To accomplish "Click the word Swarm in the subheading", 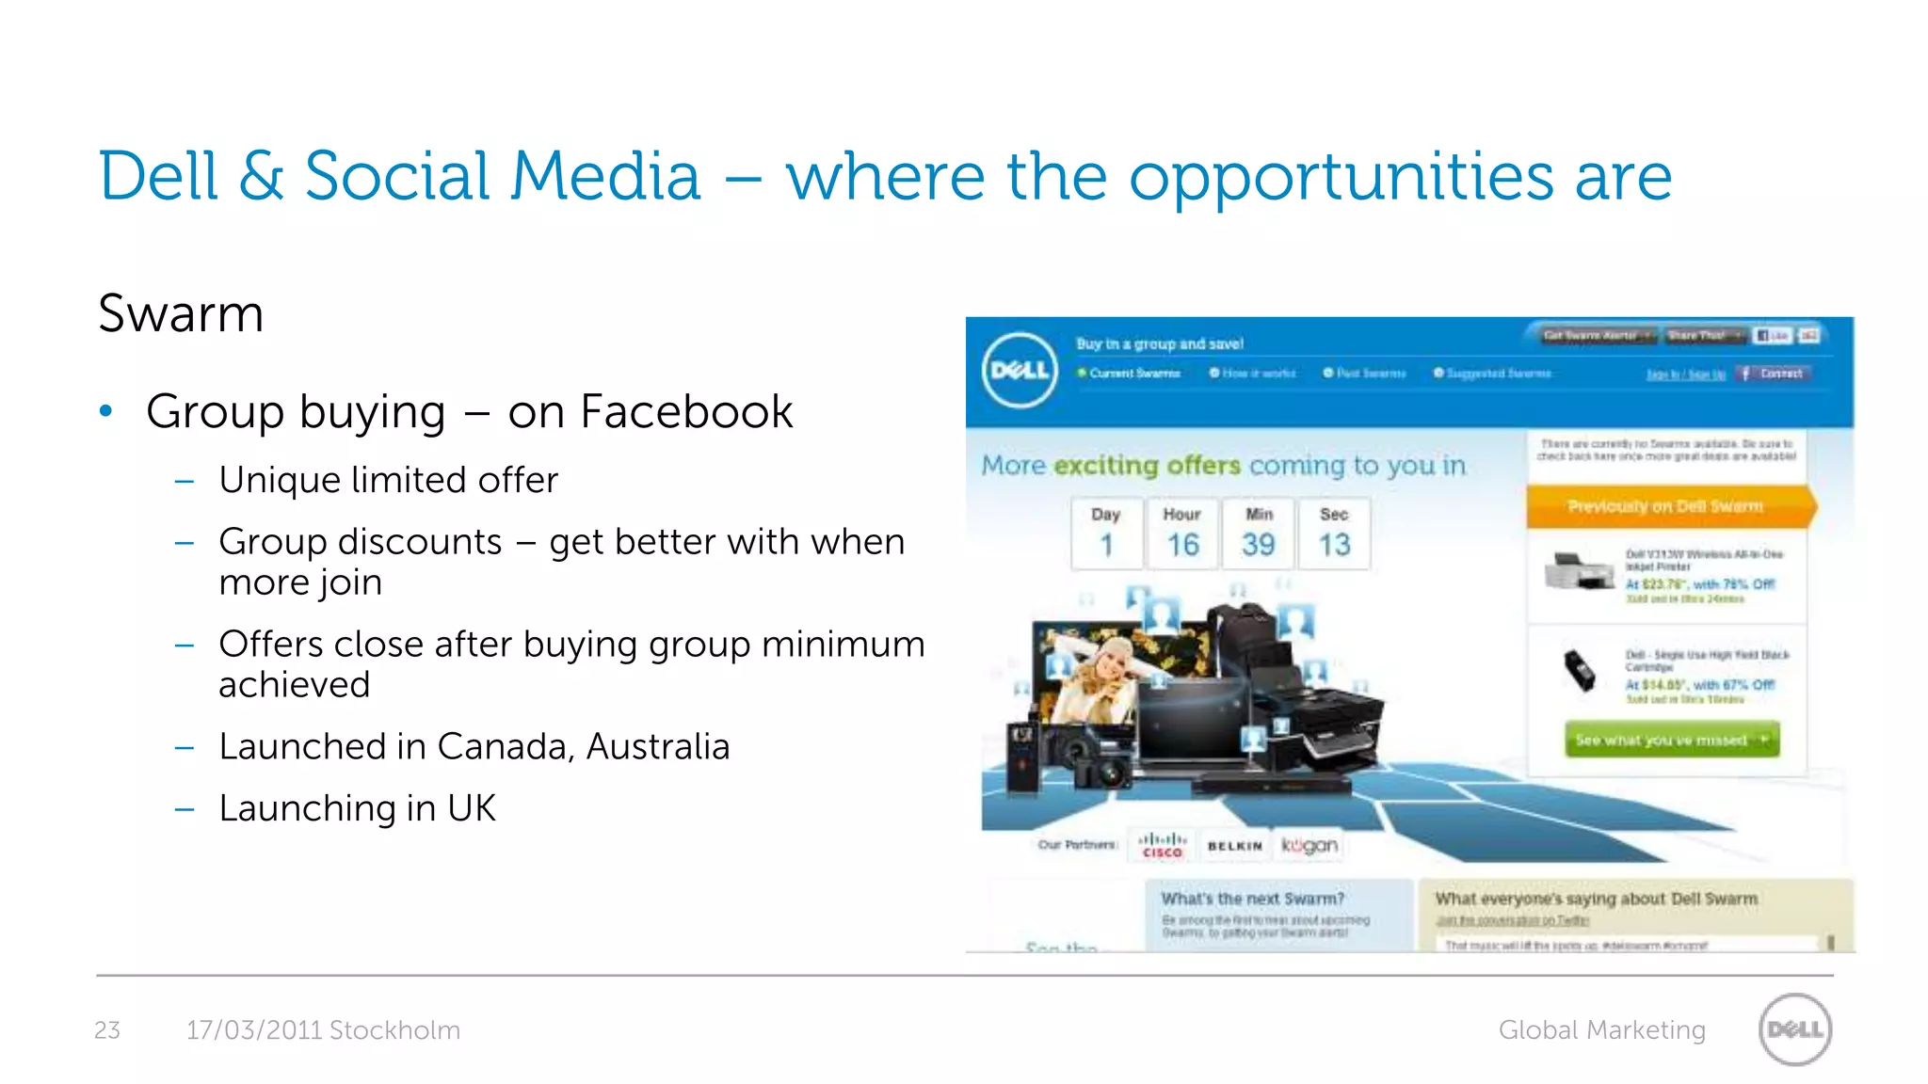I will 181,313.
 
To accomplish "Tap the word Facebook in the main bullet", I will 686,411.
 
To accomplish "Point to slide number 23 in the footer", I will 107,1030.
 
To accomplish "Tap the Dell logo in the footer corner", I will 1794,1029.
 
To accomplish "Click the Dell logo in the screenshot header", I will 1020,370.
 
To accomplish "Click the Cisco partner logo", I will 1163,844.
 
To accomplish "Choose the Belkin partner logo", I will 1234,846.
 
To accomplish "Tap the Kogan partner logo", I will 1309,845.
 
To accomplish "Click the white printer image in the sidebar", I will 1579,571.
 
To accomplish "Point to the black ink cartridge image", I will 1580,671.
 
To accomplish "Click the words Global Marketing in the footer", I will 1601,1030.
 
